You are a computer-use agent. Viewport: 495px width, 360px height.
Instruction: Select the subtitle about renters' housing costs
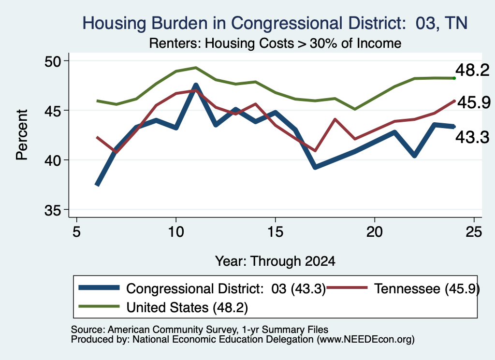[x=275, y=43]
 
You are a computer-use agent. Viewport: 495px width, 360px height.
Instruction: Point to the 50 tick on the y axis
[x=53, y=61]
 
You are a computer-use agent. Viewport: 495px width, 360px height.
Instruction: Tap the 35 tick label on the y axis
[x=53, y=211]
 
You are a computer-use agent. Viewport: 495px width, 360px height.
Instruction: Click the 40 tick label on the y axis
[x=53, y=160]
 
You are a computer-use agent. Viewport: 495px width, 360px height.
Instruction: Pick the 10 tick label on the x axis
[x=176, y=232]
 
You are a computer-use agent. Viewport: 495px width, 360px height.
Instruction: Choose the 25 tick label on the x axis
[x=474, y=232]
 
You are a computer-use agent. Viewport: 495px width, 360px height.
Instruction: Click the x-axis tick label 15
[x=275, y=232]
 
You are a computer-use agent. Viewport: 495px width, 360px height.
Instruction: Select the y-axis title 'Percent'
[x=22, y=135]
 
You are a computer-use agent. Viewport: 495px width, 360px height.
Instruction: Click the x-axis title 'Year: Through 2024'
[x=275, y=261]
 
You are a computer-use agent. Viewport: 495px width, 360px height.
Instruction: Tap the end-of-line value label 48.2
[x=472, y=70]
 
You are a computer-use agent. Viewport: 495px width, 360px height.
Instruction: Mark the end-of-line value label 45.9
[x=474, y=102]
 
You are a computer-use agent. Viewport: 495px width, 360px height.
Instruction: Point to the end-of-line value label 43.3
[x=472, y=137]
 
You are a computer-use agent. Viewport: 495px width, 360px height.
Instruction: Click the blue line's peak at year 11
[x=196, y=85]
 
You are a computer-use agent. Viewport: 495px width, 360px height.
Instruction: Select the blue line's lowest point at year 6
[x=97, y=185]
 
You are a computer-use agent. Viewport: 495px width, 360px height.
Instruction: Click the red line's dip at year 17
[x=315, y=150]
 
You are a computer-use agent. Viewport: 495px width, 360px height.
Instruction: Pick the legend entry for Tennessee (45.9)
[x=403, y=288]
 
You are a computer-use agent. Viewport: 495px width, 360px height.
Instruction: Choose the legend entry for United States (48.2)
[x=163, y=307]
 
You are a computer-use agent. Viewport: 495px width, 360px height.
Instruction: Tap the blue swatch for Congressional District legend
[x=99, y=288]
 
